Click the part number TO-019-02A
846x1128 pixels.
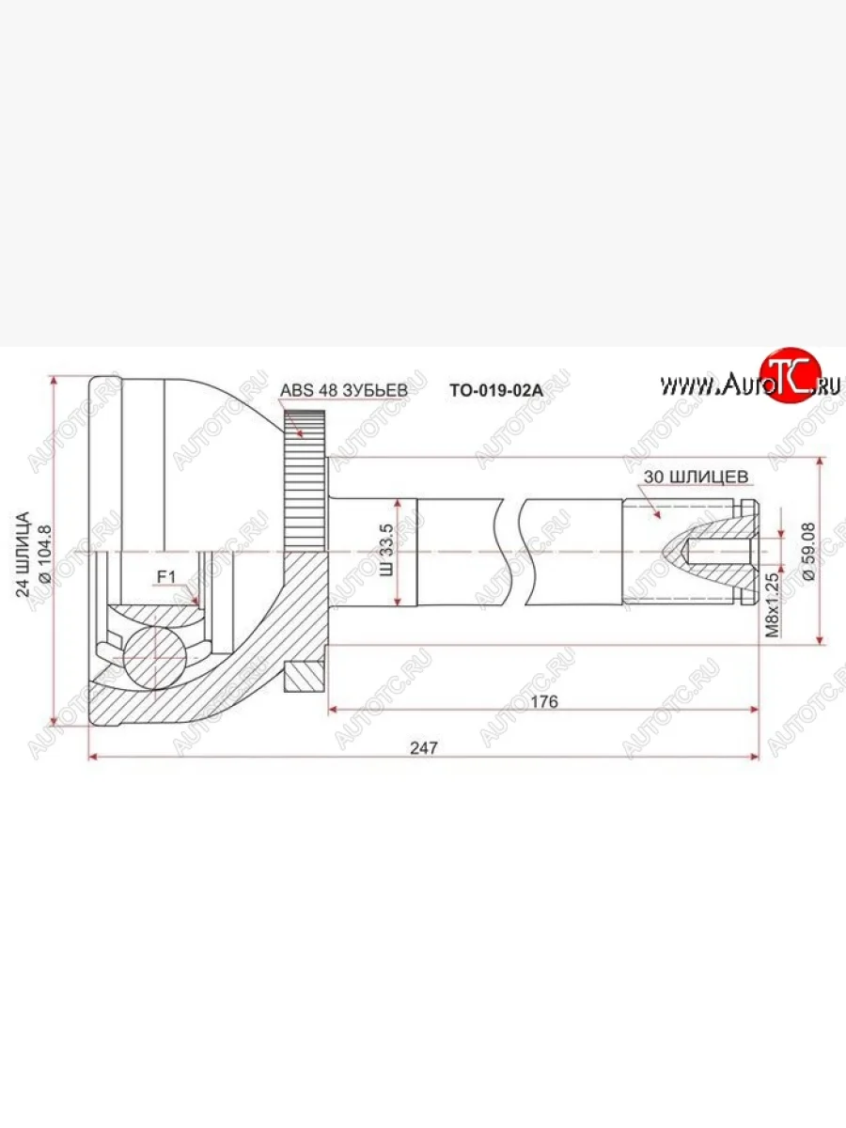496,390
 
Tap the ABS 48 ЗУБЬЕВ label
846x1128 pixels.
344,390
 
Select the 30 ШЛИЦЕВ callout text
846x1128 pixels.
696,477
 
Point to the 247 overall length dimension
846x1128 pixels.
424,747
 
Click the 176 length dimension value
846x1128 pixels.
544,701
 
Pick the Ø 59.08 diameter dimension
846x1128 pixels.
808,552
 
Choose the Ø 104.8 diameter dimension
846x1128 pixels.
44,555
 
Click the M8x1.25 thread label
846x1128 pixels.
773,605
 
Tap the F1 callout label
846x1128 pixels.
166,577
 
